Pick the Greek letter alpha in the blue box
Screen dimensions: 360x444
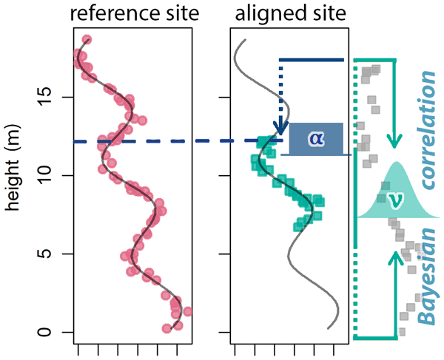316,138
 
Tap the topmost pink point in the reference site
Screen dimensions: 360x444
87,40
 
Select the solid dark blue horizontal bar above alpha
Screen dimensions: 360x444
312,60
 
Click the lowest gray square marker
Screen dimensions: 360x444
403,330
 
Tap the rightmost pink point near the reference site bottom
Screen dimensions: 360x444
187,311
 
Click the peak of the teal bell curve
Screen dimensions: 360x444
397,163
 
